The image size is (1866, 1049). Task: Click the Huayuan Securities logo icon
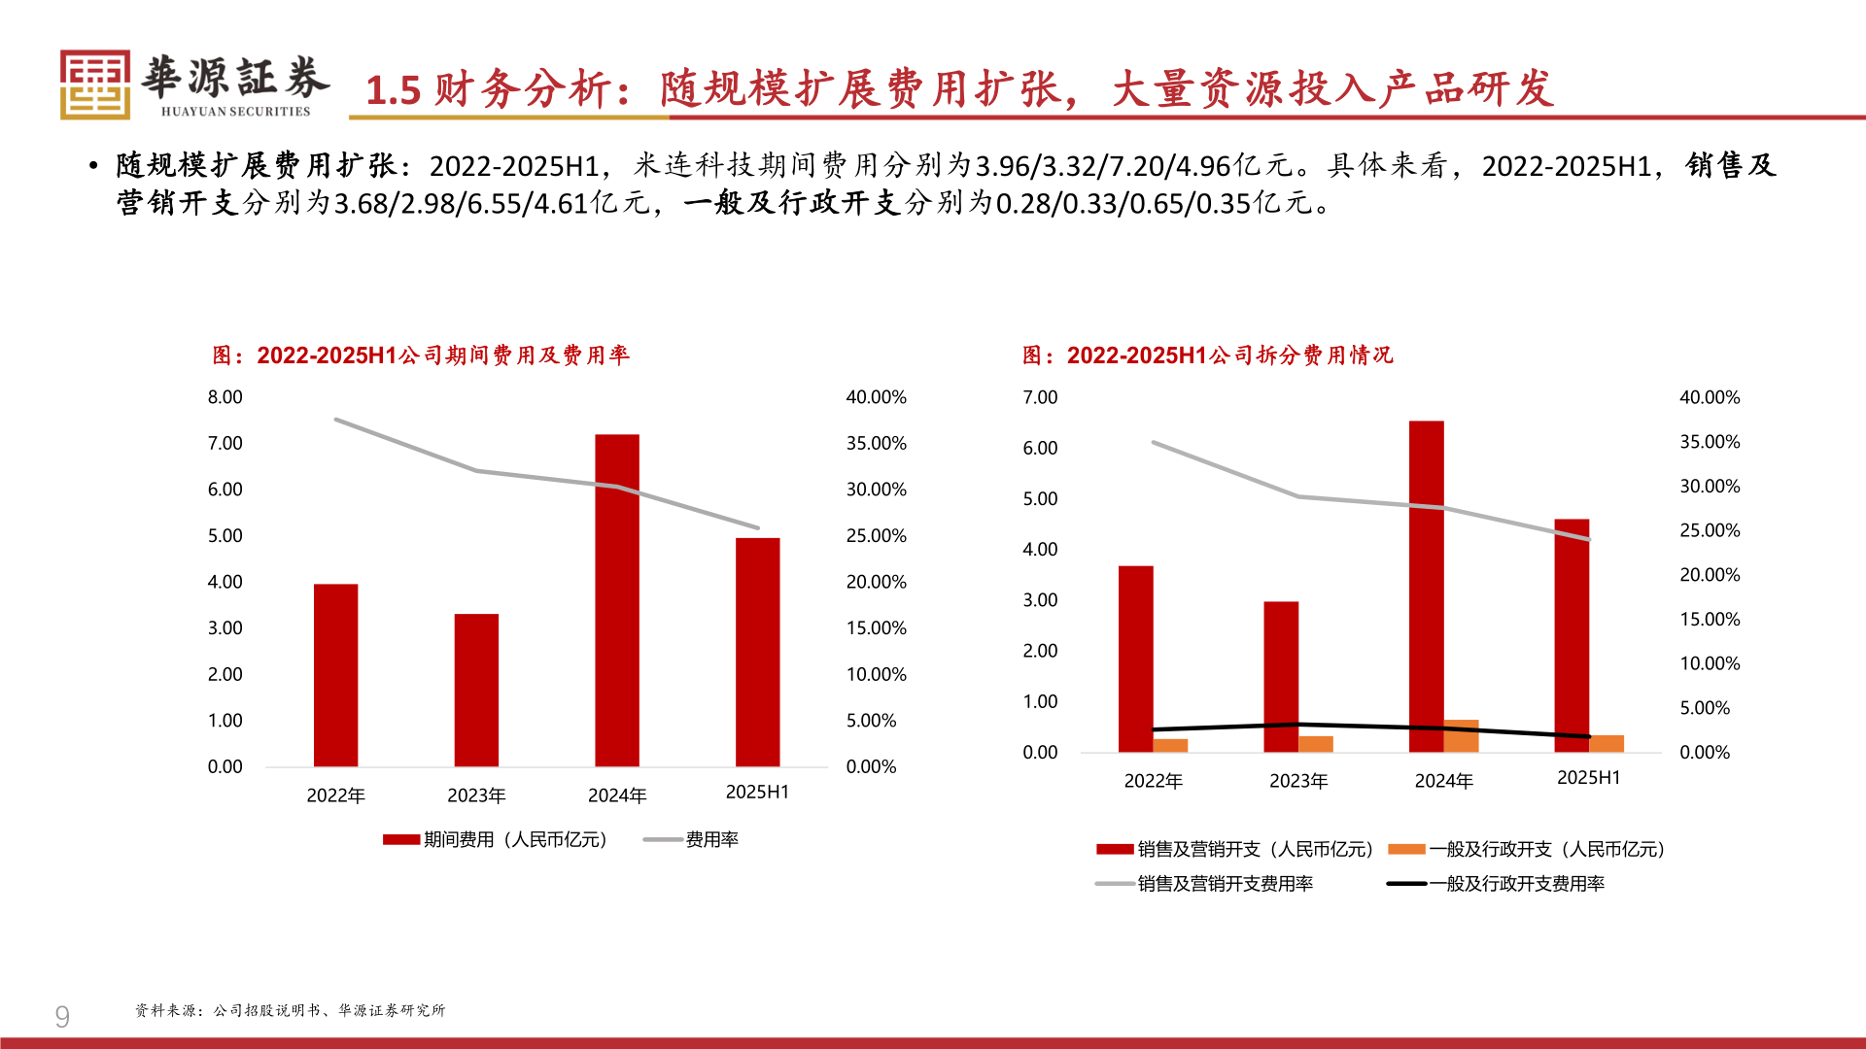tap(94, 85)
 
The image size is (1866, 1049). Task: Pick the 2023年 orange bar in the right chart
tap(1316, 744)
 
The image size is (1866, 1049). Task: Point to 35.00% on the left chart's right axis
tap(876, 444)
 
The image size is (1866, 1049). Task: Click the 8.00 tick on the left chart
tap(225, 397)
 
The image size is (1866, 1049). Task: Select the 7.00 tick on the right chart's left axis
tap(1040, 397)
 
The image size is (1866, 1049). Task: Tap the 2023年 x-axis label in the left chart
tap(476, 795)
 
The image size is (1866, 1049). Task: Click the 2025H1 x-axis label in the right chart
tap(1588, 778)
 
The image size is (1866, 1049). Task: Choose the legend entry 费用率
tap(711, 840)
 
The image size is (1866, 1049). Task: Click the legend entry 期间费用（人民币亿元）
tap(515, 840)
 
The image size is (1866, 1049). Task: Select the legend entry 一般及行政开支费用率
tap(1516, 884)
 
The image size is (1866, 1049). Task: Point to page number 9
tap(62, 1017)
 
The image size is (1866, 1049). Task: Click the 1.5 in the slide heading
tap(393, 90)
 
